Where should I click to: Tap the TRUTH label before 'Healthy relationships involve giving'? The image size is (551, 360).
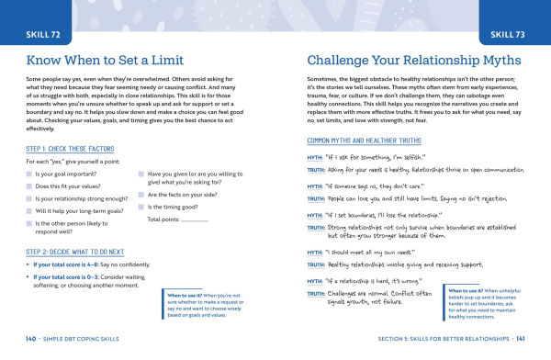(316, 263)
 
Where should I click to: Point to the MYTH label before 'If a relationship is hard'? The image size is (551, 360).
(315, 279)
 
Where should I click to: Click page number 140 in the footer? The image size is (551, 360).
(30, 340)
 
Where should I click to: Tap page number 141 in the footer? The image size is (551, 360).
(522, 340)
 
